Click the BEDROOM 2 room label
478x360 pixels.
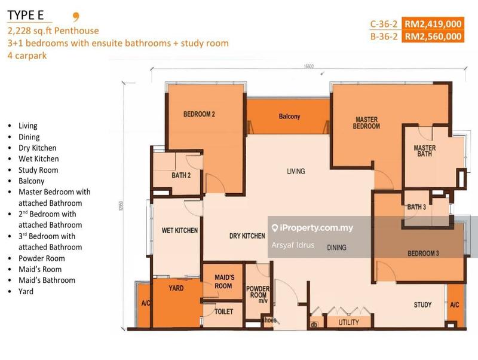(199, 114)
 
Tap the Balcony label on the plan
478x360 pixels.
(289, 117)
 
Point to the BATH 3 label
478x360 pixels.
(416, 208)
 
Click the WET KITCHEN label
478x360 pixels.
(180, 230)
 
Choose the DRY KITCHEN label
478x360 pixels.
(247, 236)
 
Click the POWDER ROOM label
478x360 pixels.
(258, 292)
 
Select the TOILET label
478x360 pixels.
(224, 312)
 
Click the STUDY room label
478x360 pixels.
(422, 305)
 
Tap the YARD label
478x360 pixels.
(176, 288)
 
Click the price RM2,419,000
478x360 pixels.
(433, 25)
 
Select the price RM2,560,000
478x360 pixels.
(433, 36)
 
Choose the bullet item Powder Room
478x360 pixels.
(41, 258)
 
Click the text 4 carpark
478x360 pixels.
(26, 56)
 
